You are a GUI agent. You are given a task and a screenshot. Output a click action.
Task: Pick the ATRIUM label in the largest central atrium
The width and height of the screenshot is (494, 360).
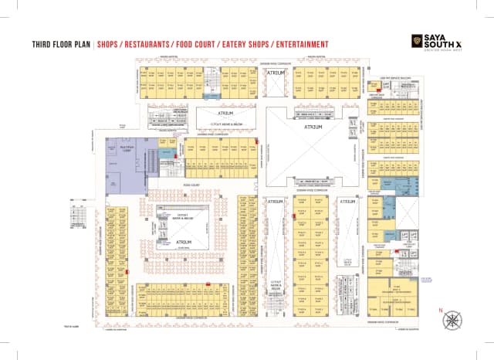click(x=313, y=127)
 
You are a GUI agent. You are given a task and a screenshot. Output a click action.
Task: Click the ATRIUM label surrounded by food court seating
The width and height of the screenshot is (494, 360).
click(x=184, y=242)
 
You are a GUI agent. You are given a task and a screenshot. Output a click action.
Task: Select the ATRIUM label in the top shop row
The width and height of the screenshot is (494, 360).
click(x=276, y=73)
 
